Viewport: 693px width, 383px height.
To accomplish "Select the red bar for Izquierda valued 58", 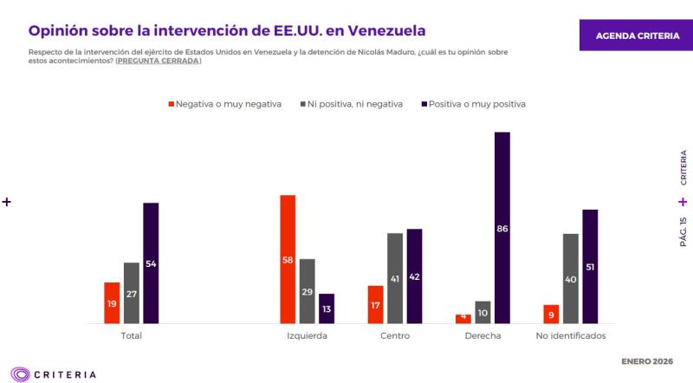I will point(288,259).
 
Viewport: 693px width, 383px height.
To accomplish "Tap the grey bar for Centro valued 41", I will point(394,278).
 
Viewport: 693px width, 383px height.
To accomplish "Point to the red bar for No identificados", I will point(550,314).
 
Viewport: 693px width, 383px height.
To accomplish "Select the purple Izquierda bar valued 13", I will point(326,308).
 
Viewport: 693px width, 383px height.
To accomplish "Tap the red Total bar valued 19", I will point(112,303).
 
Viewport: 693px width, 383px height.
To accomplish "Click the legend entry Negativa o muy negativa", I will point(224,104).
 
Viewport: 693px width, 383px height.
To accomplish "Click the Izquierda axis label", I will point(307,336).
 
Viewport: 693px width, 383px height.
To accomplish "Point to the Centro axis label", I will point(394,336).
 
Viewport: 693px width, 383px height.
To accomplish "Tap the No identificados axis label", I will point(571,336).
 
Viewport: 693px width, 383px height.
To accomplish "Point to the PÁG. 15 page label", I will point(683,232).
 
